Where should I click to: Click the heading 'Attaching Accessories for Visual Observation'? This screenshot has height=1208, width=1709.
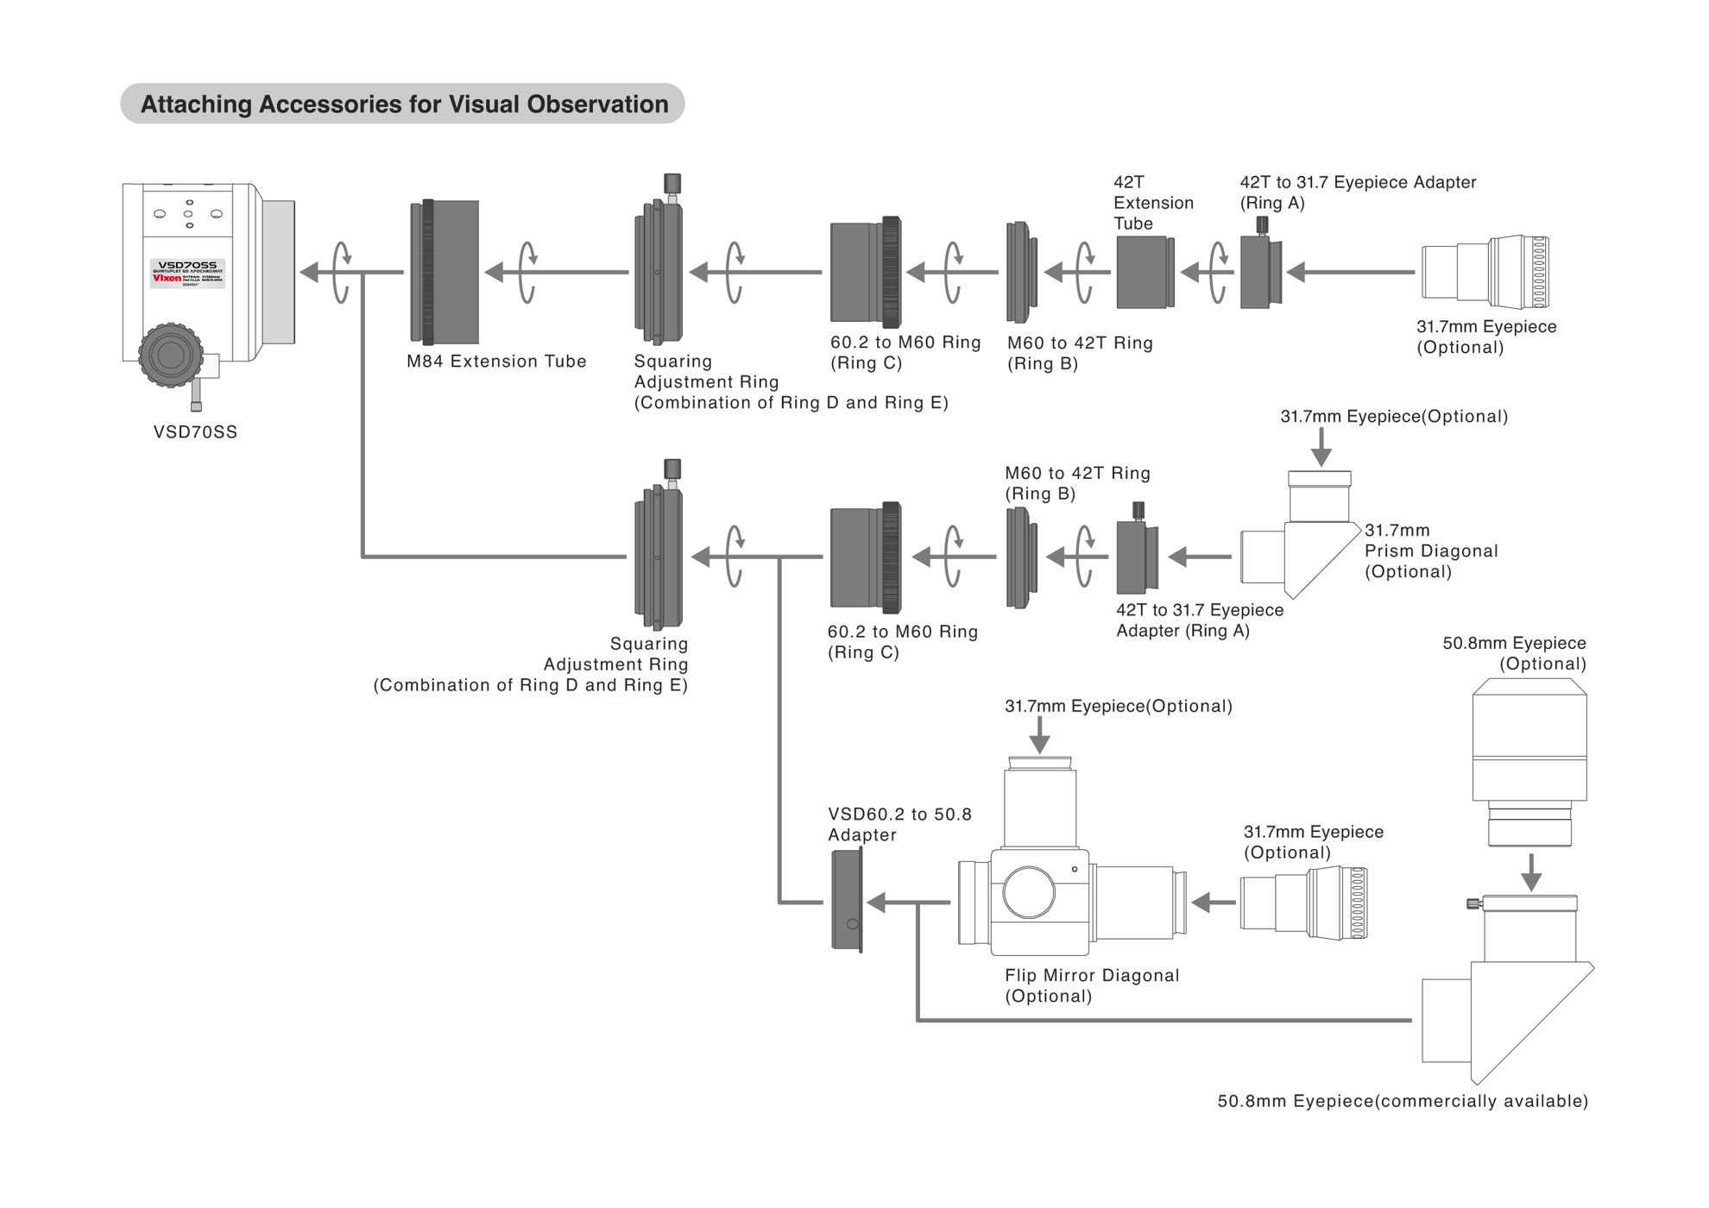coord(403,104)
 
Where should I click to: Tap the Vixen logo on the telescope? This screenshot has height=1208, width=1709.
coord(167,278)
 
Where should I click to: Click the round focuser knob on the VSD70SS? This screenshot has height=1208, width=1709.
coord(170,355)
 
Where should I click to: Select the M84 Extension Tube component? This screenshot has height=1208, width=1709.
coord(445,272)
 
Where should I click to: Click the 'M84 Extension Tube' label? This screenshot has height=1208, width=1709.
coord(496,362)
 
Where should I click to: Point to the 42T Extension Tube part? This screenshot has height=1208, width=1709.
coord(1145,272)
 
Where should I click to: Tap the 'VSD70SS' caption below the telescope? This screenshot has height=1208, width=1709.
coord(195,432)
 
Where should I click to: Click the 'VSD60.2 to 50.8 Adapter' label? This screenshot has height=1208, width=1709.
coord(899,825)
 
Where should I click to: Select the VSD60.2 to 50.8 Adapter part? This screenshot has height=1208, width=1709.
coord(847,901)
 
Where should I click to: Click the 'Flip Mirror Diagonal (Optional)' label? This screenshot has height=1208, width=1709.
coord(1091,985)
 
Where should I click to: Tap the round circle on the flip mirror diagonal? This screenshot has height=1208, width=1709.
coord(1029,892)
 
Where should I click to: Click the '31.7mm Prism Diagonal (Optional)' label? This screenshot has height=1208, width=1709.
coord(1430,551)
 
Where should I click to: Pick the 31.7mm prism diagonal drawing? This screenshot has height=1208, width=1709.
coord(1299,544)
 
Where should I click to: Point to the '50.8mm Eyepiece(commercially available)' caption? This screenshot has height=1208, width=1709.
coord(1402,1101)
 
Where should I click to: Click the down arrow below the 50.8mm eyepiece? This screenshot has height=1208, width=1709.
coord(1530,871)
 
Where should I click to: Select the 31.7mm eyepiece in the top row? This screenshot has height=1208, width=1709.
coord(1485,272)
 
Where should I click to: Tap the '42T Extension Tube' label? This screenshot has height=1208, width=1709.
coord(1153,203)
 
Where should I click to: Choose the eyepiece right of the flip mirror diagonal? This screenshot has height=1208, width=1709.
coord(1303,903)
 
